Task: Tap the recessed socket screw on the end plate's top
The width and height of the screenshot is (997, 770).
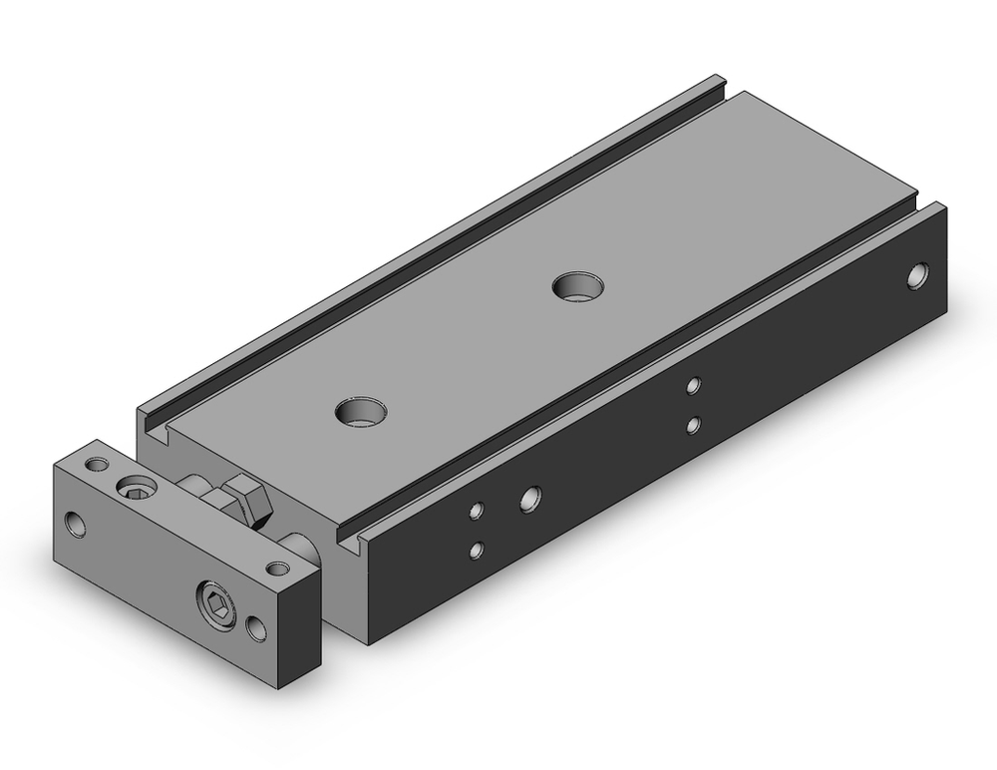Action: [138, 487]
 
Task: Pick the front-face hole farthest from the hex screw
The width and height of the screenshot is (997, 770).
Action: [76, 523]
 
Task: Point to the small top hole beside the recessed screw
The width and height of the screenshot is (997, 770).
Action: [97, 465]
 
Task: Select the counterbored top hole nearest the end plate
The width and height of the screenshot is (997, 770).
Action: [361, 410]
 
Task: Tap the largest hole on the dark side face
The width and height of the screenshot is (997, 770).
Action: [530, 497]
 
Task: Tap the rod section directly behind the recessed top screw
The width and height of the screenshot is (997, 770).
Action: [197, 486]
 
